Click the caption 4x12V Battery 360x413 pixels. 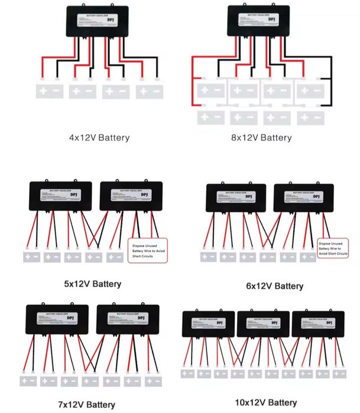point(99,138)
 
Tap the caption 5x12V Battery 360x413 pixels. point(92,284)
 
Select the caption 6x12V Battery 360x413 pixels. point(274,286)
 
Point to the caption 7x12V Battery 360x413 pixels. point(86,405)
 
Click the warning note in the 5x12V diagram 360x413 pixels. point(148,246)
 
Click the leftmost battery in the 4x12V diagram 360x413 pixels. point(50,91)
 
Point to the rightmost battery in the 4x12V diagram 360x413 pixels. point(150,91)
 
